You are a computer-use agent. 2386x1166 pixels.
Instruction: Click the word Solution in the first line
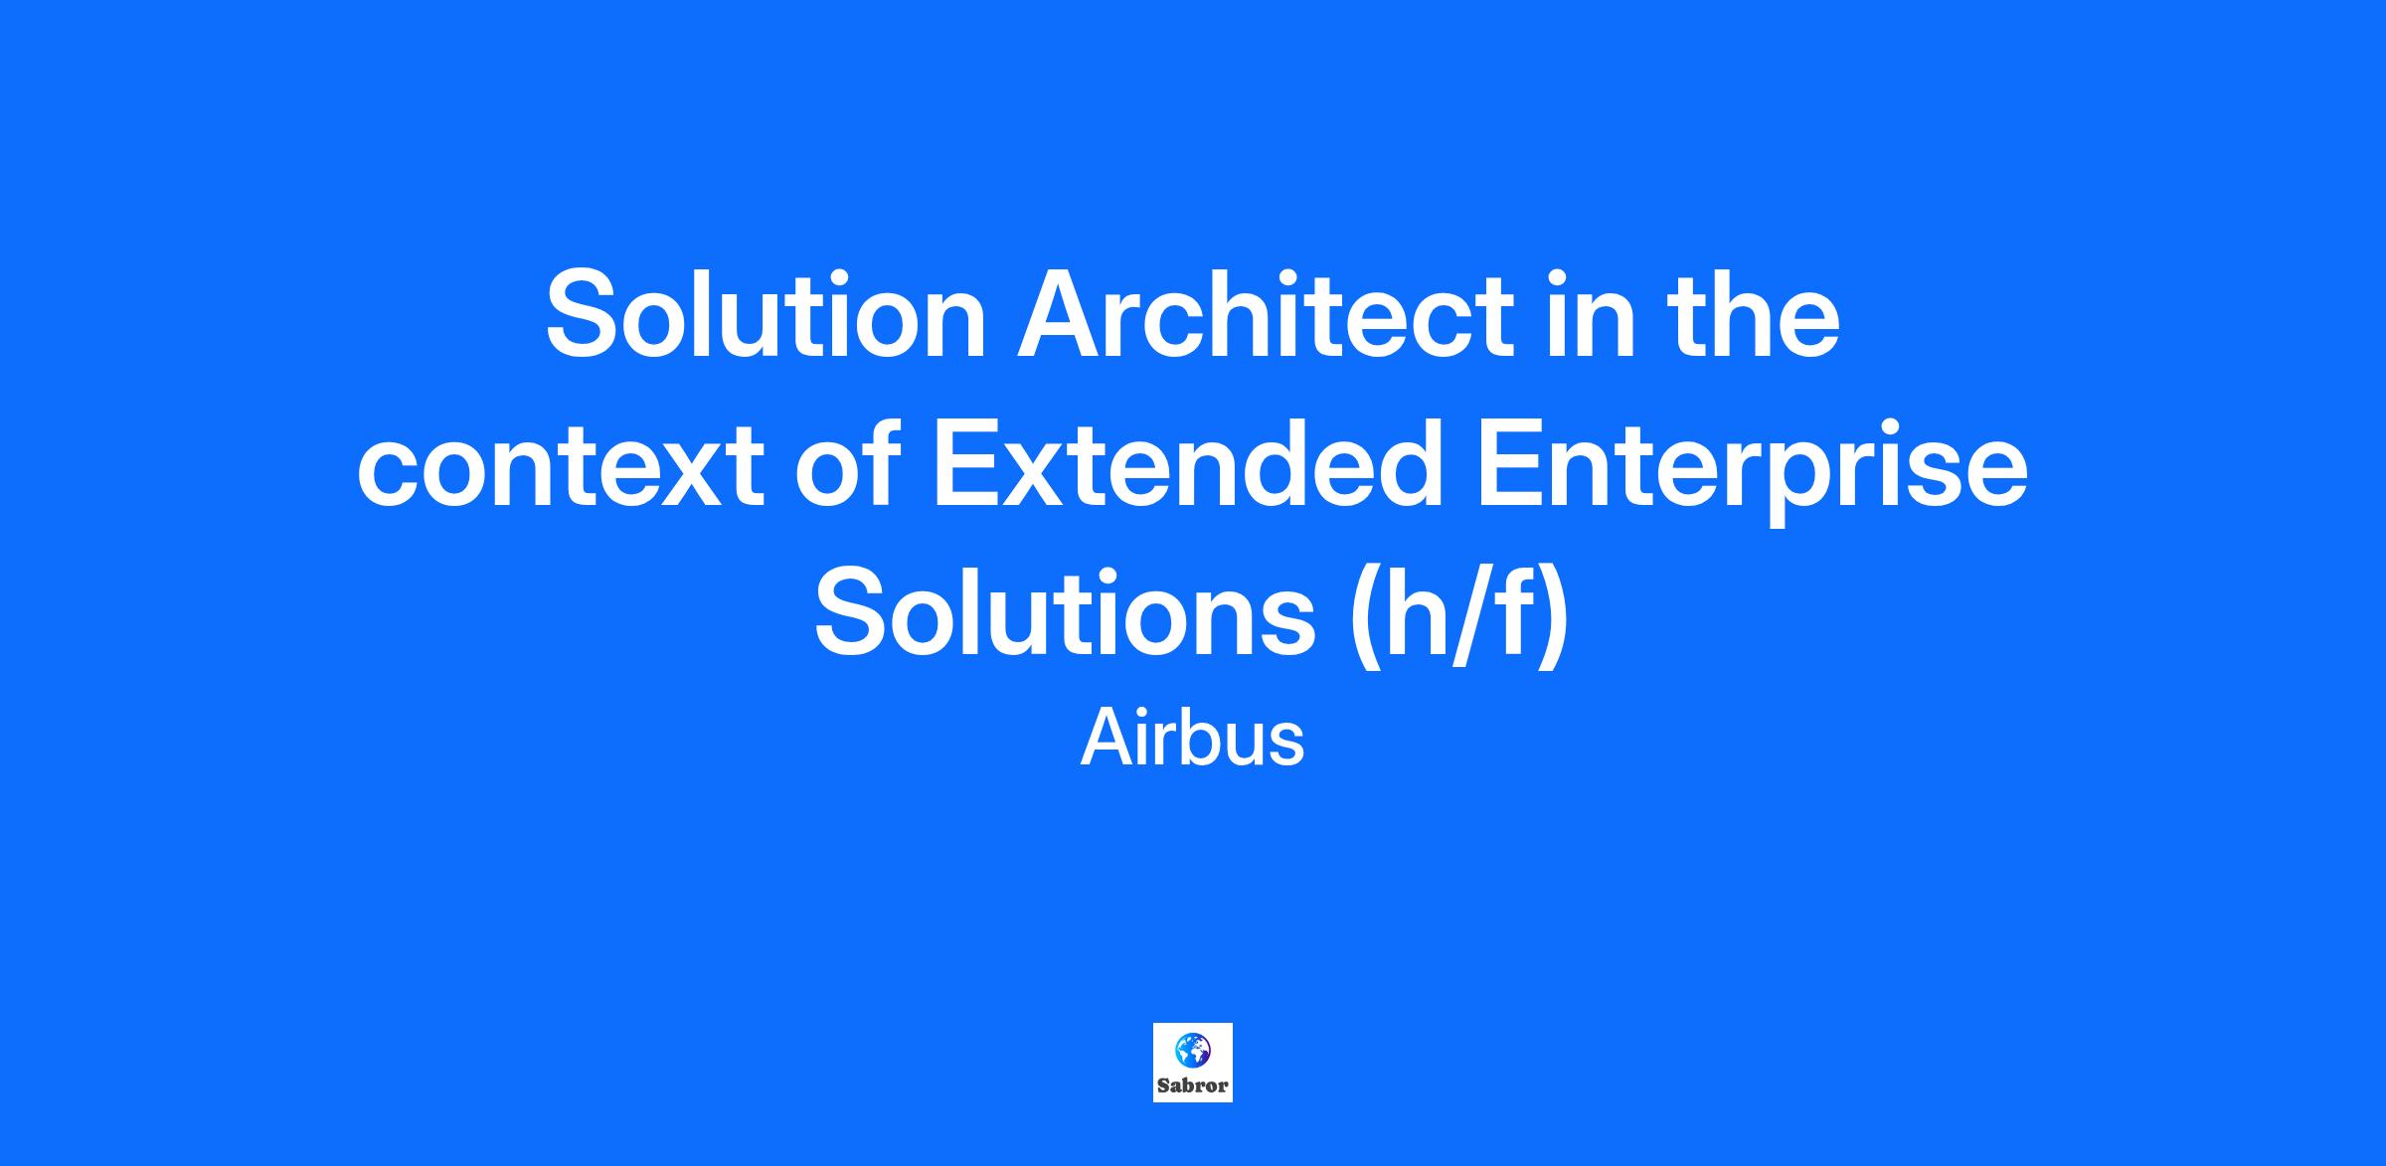point(766,315)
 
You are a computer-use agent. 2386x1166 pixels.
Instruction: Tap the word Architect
point(1265,315)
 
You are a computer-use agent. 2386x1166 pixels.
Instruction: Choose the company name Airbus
point(1192,739)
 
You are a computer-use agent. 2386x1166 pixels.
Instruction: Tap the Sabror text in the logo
point(1193,1086)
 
